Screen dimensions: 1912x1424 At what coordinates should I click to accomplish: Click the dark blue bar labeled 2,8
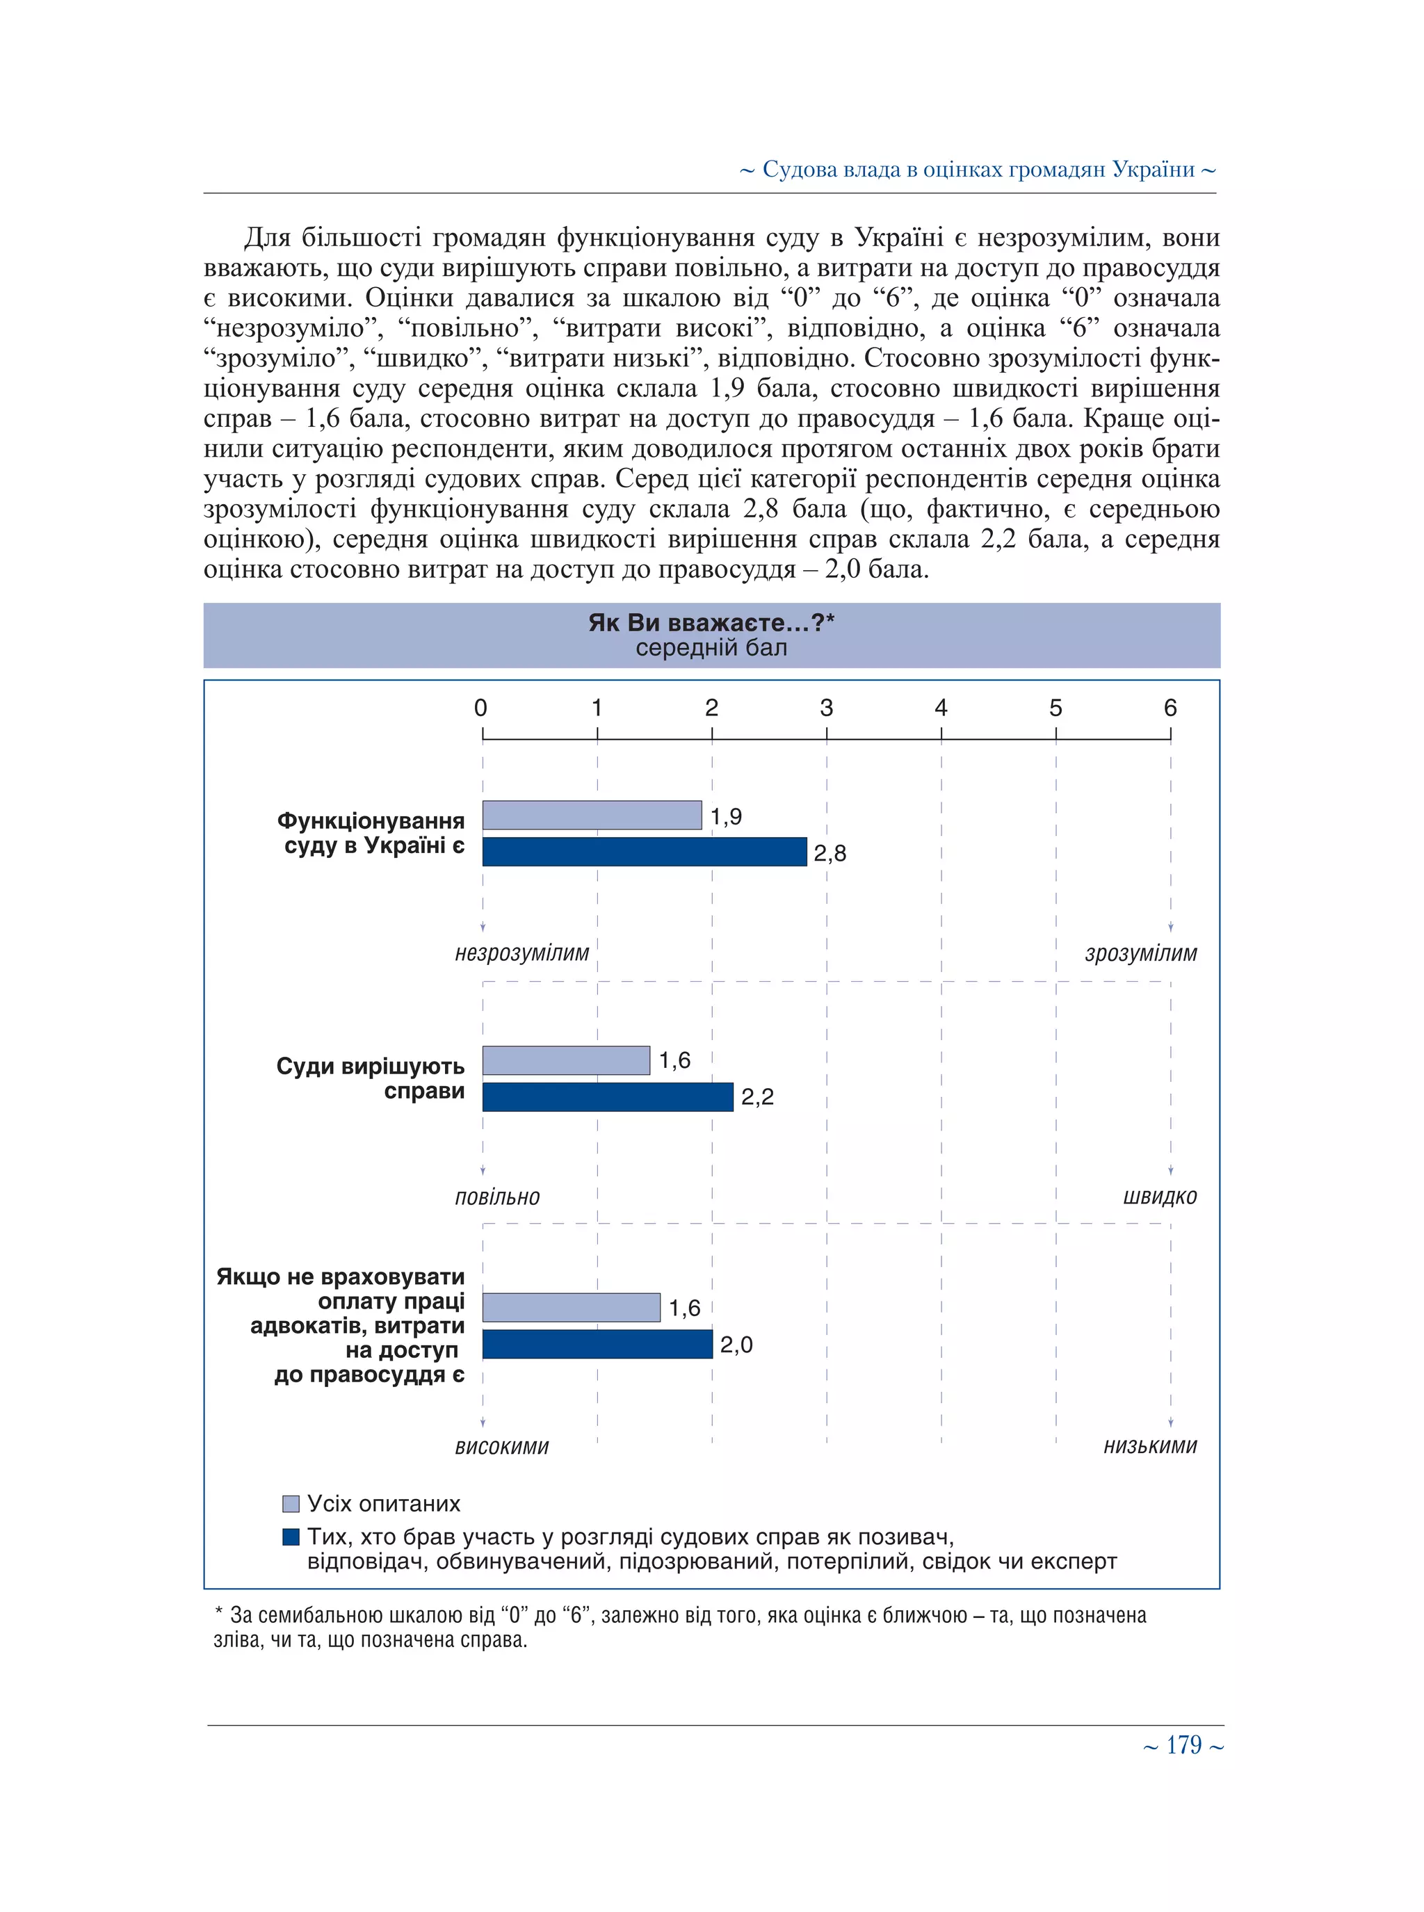644,852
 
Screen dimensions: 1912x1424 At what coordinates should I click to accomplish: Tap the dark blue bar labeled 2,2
608,1096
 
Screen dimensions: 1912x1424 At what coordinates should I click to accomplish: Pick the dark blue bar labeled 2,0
597,1344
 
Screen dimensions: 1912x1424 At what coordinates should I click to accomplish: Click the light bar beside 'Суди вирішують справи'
565,1060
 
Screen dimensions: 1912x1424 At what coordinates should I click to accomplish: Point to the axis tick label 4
941,708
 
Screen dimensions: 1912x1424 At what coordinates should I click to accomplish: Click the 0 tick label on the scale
481,708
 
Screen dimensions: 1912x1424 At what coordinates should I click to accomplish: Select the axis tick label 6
1170,708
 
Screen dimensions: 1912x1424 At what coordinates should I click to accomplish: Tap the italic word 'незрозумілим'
521,953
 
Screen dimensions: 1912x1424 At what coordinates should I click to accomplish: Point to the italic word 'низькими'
1150,1445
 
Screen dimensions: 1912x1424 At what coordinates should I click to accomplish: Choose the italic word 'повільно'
497,1197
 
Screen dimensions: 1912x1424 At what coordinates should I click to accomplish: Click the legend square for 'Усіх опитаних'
291,1505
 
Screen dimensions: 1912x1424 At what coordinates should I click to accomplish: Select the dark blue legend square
291,1537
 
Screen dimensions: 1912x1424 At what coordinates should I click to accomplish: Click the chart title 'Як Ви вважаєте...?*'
711,622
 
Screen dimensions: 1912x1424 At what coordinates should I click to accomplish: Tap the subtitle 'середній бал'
711,648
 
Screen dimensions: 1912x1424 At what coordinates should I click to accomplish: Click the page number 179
1183,1746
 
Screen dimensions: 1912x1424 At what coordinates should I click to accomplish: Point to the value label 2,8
830,853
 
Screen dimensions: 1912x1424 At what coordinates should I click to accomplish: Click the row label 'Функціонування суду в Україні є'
371,833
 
